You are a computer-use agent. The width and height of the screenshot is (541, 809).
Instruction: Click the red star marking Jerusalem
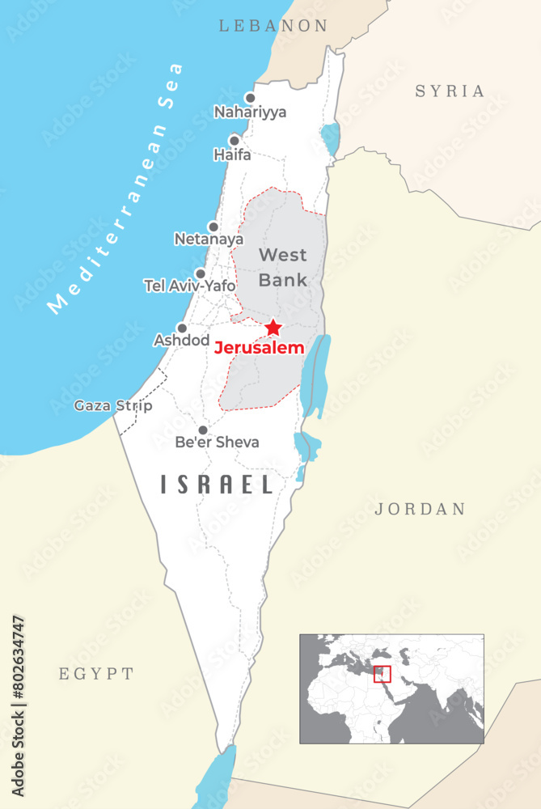(273, 327)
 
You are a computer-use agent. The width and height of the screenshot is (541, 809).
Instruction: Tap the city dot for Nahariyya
(250, 98)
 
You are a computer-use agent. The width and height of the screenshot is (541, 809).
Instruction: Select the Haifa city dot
(235, 140)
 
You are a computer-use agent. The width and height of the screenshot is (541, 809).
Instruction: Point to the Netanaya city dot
(213, 227)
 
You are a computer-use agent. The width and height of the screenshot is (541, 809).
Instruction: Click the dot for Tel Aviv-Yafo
(201, 273)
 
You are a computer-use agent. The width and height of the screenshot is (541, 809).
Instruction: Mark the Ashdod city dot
(182, 328)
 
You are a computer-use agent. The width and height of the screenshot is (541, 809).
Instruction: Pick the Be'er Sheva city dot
(203, 430)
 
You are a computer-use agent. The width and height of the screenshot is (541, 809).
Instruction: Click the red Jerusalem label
(259, 349)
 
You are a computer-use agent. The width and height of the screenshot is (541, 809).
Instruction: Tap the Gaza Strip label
(112, 405)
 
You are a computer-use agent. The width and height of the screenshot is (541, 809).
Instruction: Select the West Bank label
(282, 268)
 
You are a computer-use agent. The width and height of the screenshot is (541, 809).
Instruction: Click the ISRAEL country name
(217, 485)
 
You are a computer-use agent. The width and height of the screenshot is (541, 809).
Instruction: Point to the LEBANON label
(274, 26)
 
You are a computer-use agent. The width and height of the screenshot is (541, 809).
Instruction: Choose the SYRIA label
(450, 91)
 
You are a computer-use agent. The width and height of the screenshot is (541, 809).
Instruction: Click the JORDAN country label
(421, 509)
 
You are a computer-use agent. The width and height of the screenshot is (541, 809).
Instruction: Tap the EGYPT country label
(96, 673)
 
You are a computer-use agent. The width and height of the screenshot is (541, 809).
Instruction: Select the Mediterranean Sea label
(116, 188)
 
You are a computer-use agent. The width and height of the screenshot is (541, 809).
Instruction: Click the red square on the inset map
(383, 674)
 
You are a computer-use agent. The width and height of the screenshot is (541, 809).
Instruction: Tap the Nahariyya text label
(250, 113)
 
